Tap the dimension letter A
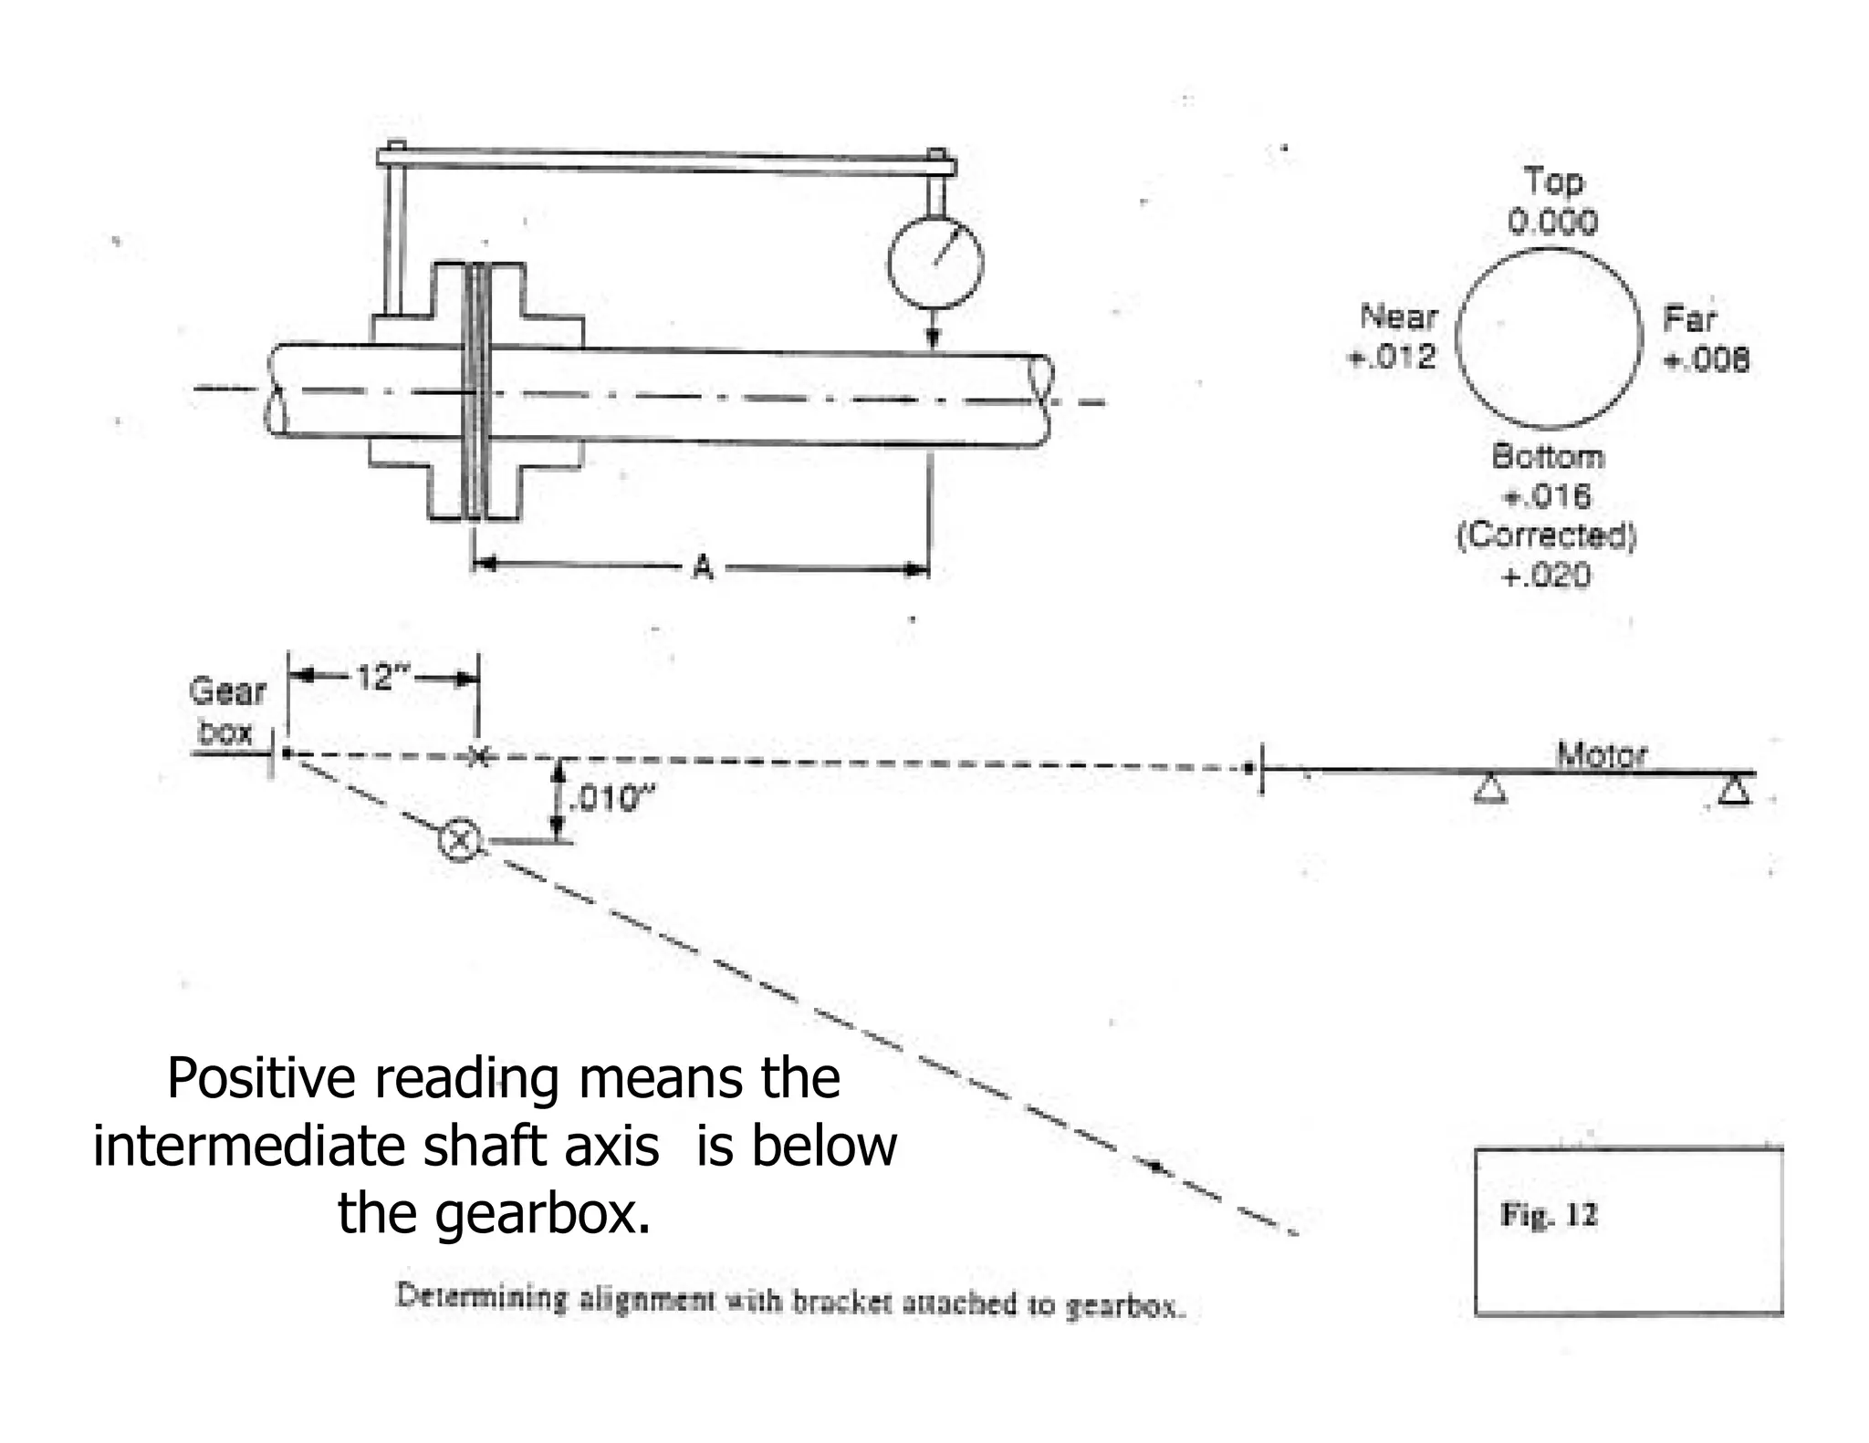click(702, 568)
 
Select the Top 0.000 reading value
click(1552, 222)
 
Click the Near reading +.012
click(1392, 357)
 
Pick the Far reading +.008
click(1706, 360)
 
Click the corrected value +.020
click(1546, 576)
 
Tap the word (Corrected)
click(1546, 535)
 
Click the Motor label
click(1602, 754)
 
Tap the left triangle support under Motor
click(1489, 789)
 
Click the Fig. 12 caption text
click(1549, 1215)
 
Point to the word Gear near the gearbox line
click(227, 691)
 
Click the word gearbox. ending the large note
click(542, 1214)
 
